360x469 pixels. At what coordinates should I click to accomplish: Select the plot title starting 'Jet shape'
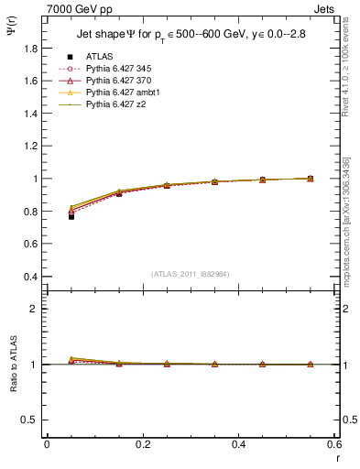(x=191, y=34)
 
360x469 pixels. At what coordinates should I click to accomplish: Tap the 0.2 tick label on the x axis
(x=142, y=444)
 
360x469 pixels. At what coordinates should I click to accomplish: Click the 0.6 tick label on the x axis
(x=334, y=444)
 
